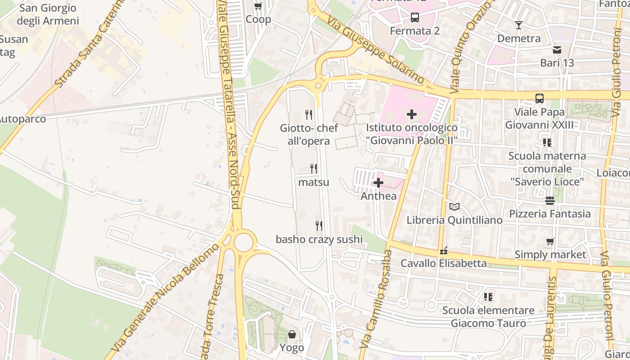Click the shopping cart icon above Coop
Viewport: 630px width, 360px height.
click(258, 6)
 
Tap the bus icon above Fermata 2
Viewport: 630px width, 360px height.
click(414, 18)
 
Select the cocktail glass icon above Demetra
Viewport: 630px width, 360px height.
click(519, 25)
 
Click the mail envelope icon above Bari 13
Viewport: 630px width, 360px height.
click(557, 49)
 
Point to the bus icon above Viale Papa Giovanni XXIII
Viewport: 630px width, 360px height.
click(539, 98)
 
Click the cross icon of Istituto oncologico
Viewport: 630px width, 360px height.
click(411, 114)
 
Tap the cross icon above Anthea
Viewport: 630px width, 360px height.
click(378, 183)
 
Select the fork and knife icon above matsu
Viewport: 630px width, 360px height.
click(314, 169)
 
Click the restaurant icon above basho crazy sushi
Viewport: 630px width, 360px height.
click(319, 225)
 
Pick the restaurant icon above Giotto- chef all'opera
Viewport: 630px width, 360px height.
click(309, 115)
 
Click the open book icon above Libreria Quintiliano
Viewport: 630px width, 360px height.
click(454, 207)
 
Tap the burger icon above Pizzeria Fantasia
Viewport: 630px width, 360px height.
click(549, 200)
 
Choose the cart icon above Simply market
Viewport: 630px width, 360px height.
click(550, 242)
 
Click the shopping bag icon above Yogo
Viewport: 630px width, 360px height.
click(292, 334)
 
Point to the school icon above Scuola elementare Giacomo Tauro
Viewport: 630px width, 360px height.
click(488, 297)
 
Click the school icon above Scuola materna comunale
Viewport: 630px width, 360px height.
click(547, 143)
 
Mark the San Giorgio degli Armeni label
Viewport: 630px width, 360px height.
click(48, 14)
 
